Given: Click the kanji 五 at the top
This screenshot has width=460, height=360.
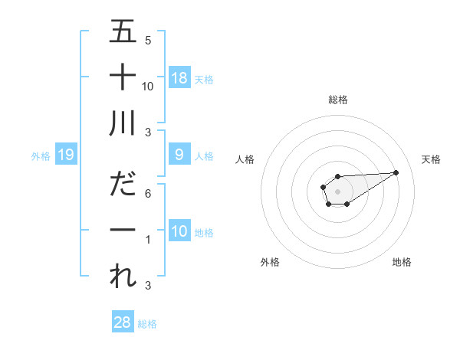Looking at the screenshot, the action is [123, 31].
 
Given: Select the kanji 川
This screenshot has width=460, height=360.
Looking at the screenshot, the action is [123, 123].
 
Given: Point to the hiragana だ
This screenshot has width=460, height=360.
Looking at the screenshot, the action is [123, 184].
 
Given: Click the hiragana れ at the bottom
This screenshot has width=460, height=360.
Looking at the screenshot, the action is [123, 276].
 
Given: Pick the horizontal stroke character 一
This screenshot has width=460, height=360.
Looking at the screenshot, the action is [123, 230].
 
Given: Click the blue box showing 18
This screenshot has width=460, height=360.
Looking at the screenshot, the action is [179, 78].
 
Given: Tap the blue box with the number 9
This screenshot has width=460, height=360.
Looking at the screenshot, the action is [179, 155].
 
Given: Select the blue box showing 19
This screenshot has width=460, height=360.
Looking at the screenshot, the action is [65, 155].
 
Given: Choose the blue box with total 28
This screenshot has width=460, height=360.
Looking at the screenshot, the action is [123, 323].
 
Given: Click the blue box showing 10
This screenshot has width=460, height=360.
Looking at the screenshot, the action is [179, 231].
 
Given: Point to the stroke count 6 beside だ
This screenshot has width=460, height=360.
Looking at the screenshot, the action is [148, 194].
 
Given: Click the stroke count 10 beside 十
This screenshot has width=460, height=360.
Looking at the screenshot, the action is [148, 86].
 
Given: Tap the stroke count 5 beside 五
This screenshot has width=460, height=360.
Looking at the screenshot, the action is [148, 40].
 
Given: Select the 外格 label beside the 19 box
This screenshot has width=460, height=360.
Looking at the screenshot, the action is [41, 155].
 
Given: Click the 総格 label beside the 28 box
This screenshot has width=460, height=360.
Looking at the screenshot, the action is [147, 324].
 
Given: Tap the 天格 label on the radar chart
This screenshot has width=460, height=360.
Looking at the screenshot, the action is [432, 159].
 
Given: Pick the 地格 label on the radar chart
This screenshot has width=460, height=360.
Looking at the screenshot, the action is [402, 263].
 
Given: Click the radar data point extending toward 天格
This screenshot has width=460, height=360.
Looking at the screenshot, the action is [396, 172].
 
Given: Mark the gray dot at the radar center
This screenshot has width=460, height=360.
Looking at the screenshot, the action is [337, 190].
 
